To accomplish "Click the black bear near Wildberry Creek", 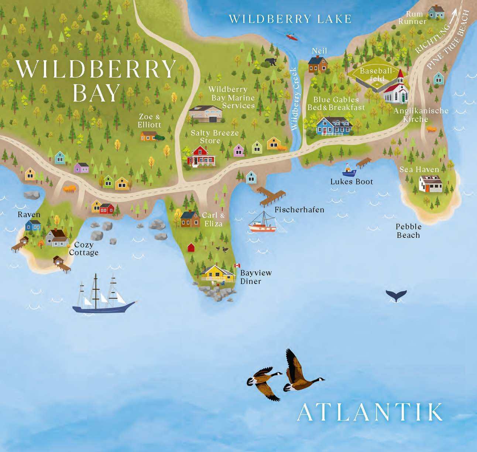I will pos(270,62).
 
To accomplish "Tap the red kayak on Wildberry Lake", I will pos(292,37).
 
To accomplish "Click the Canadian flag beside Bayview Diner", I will pos(237,266).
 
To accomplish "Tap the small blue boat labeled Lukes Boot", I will pos(349,170).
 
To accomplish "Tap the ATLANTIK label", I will pos(370,412).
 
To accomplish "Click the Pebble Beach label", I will pos(408,231).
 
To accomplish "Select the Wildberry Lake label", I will pos(290,19).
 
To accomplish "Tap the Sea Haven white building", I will pos(430,184).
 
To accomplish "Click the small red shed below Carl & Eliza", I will pos(191,247).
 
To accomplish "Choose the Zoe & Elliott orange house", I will pos(148,136).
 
